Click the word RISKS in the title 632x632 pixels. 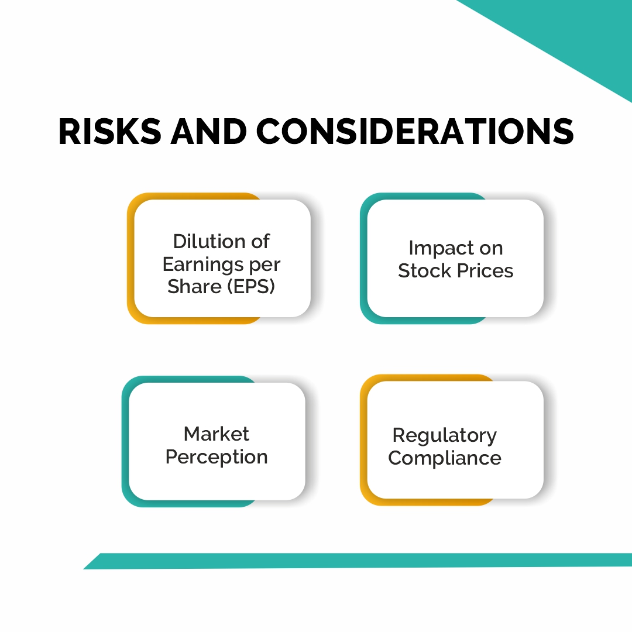(x=109, y=132)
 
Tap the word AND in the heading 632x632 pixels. (x=208, y=132)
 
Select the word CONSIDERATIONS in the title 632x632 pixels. (x=415, y=132)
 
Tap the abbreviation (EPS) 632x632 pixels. (x=250, y=287)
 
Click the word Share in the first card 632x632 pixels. (x=194, y=287)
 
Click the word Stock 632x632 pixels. (x=424, y=271)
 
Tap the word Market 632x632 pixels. (x=217, y=434)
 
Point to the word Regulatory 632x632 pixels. (x=445, y=436)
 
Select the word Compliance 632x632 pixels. (x=445, y=458)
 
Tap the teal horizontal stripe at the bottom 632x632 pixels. (x=358, y=561)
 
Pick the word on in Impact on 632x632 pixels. (x=491, y=249)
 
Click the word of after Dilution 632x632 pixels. (x=260, y=242)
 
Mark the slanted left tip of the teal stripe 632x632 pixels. (x=84, y=569)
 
